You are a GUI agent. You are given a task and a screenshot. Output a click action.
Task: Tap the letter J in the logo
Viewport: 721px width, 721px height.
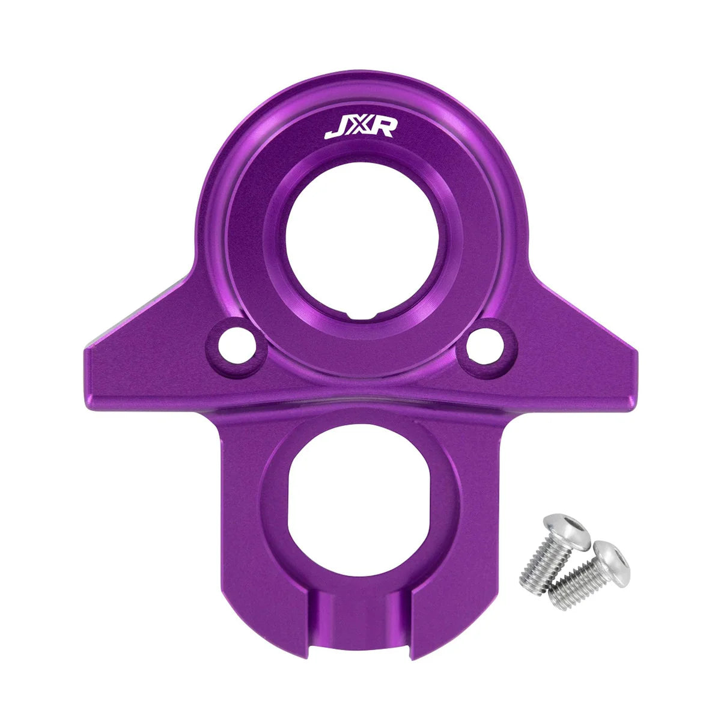coord(333,130)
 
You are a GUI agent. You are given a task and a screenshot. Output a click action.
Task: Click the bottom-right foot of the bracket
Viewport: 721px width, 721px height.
coord(448,625)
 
